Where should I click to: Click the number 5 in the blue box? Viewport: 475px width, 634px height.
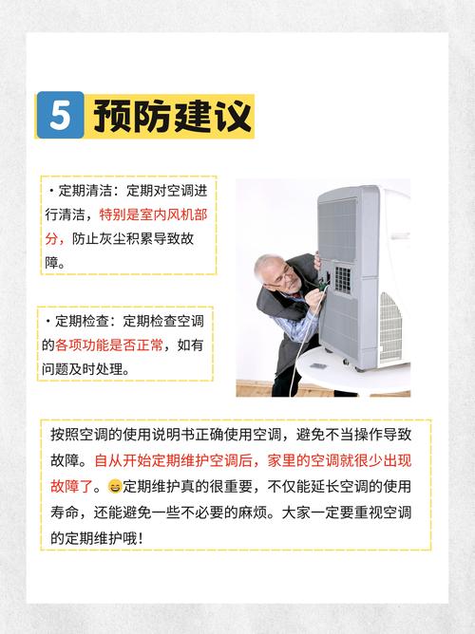tap(60, 116)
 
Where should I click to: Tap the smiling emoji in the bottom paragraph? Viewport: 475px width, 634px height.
tap(115, 487)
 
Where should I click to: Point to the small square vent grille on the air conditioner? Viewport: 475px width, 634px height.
tap(342, 278)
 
